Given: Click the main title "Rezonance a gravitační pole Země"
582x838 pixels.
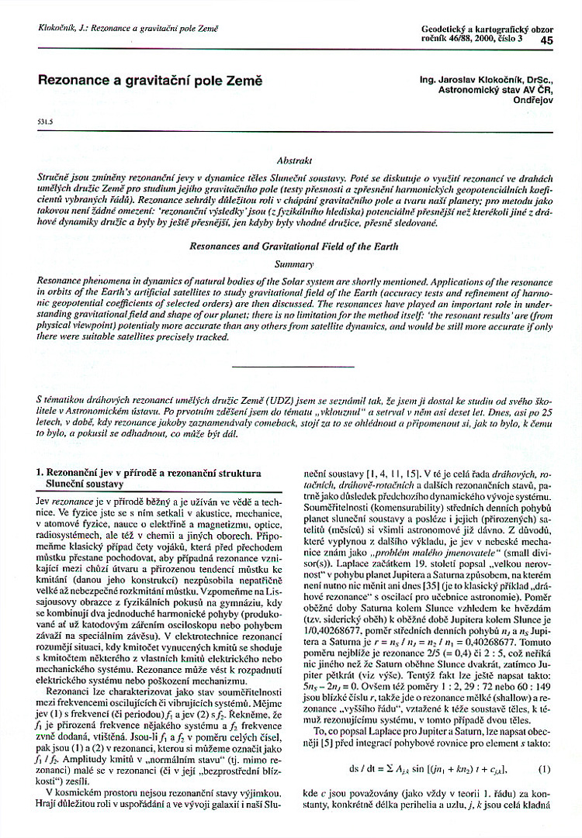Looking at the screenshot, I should click(151, 80).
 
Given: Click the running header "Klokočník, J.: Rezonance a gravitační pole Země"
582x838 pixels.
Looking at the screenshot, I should click(128, 29).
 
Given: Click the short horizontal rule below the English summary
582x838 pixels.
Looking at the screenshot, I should click(293, 366).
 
